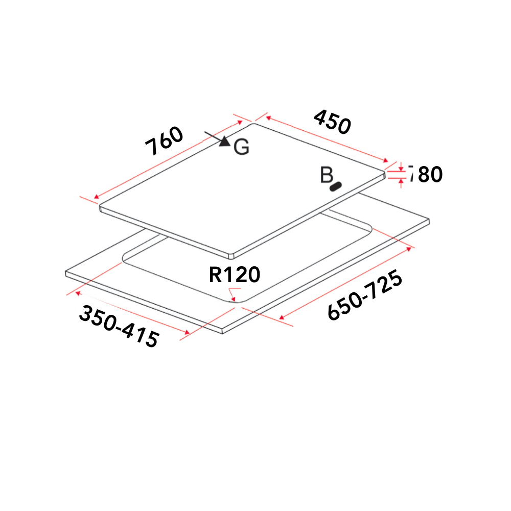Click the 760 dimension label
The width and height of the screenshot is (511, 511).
164,141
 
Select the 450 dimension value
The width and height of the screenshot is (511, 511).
333,122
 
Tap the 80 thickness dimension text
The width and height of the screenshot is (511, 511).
430,175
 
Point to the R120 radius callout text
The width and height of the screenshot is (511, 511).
235,275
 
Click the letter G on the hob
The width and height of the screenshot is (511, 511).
242,147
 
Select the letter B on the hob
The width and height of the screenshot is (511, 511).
326,175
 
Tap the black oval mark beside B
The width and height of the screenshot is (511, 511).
336,187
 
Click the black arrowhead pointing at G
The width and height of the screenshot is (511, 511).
225,141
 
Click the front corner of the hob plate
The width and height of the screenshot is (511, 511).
233,254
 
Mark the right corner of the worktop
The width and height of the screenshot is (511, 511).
429,221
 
